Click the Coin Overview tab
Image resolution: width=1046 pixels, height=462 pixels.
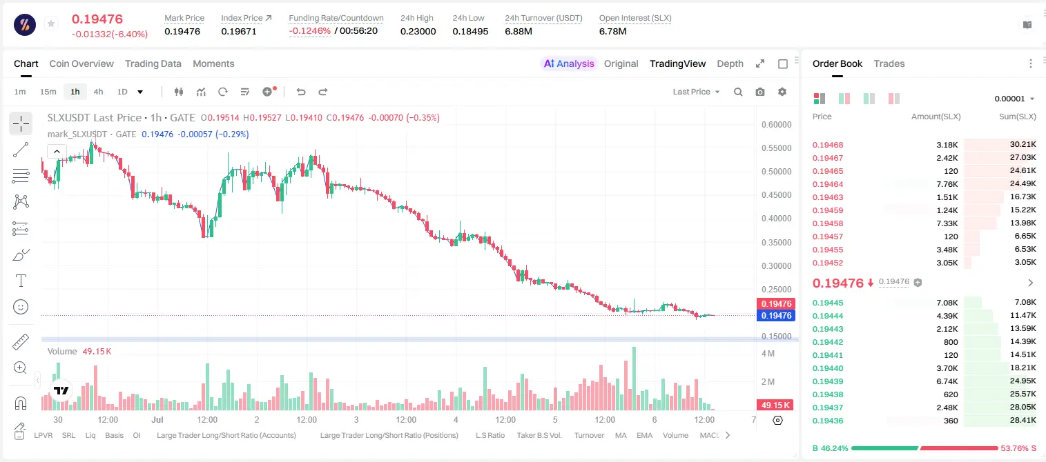pyautogui.click(x=81, y=63)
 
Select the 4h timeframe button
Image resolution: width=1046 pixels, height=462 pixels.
pyautogui.click(x=98, y=92)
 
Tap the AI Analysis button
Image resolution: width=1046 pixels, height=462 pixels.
pyautogui.click(x=569, y=63)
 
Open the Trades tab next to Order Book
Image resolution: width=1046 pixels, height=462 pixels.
pyautogui.click(x=889, y=63)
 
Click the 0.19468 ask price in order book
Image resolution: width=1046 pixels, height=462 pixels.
pyautogui.click(x=827, y=145)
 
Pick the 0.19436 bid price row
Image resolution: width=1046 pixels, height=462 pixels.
pyautogui.click(x=827, y=421)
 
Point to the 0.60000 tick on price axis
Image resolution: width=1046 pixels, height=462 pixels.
pyautogui.click(x=776, y=125)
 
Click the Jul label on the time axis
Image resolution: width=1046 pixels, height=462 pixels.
pyautogui.click(x=157, y=419)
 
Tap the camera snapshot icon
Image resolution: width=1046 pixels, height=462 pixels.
pyautogui.click(x=760, y=92)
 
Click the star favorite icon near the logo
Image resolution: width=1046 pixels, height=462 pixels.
pyautogui.click(x=51, y=23)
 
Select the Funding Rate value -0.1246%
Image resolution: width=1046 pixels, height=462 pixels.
pyautogui.click(x=309, y=31)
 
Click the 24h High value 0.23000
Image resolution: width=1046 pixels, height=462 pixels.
pyautogui.click(x=418, y=31)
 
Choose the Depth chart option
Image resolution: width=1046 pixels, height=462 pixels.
pyautogui.click(x=730, y=63)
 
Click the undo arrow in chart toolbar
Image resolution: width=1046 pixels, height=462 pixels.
pyautogui.click(x=301, y=92)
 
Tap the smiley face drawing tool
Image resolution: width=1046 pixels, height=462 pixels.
pyautogui.click(x=21, y=307)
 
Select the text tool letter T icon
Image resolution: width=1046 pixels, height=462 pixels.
pyautogui.click(x=21, y=281)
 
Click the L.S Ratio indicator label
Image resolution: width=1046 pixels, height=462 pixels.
pyautogui.click(x=490, y=435)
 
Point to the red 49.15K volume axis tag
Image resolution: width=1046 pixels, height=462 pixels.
pyautogui.click(x=775, y=405)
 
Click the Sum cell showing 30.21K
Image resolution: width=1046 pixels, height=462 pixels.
pyautogui.click(x=1023, y=145)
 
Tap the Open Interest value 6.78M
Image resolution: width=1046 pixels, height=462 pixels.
pyautogui.click(x=612, y=31)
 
